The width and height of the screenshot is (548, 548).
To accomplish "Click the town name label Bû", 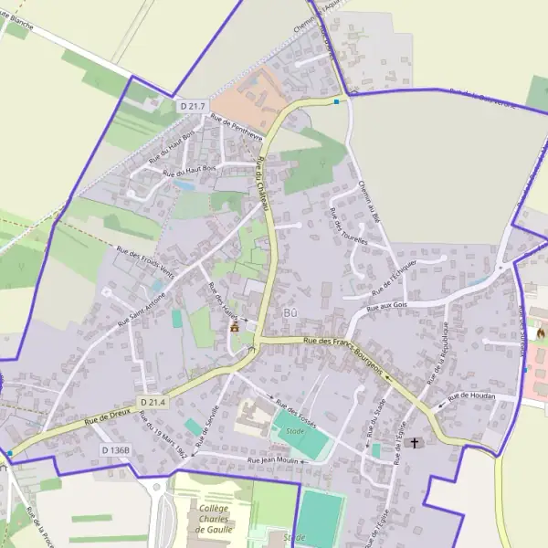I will click(x=291, y=313).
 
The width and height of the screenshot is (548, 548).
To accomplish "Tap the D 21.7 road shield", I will click(x=192, y=106).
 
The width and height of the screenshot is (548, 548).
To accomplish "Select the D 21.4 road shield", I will click(x=153, y=402).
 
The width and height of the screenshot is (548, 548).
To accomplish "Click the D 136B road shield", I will click(x=116, y=450).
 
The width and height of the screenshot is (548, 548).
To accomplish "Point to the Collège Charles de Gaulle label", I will click(x=214, y=518).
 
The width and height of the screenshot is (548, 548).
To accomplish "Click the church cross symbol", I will click(x=416, y=443).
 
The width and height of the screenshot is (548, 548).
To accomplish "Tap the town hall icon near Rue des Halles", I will click(x=235, y=325).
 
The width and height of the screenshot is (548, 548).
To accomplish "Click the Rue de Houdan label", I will click(x=472, y=395).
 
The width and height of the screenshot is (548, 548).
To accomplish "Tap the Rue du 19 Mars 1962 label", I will click(x=165, y=437).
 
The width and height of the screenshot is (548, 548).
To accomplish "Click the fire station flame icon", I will click(x=540, y=332).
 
